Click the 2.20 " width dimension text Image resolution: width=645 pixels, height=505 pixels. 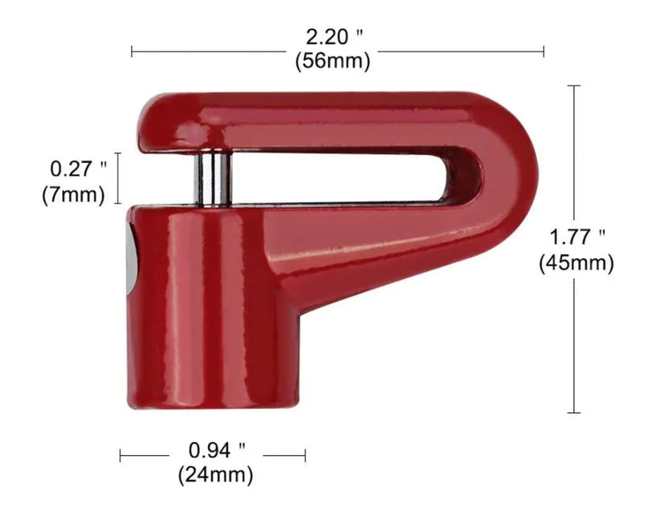pyautogui.click(x=332, y=37)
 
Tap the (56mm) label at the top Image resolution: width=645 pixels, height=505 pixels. pyautogui.click(x=332, y=61)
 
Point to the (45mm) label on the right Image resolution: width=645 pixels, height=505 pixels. pyautogui.click(x=576, y=262)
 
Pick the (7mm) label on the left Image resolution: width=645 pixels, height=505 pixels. pyautogui.click(x=73, y=194)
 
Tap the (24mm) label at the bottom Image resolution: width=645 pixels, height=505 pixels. pyautogui.click(x=215, y=474)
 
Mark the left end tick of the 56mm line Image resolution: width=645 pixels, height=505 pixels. pyautogui.click(x=132, y=52)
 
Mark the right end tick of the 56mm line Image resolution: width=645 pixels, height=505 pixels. pyautogui.click(x=544, y=52)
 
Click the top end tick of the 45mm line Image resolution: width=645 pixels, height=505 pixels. pyautogui.click(x=574, y=86)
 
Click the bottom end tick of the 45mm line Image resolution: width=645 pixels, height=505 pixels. pyautogui.click(x=574, y=413)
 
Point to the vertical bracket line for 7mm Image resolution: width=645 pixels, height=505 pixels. pyautogui.click(x=119, y=178)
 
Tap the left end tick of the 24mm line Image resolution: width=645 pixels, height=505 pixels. pyautogui.click(x=120, y=456)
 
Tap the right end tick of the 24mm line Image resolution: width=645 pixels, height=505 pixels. pyautogui.click(x=305, y=456)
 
